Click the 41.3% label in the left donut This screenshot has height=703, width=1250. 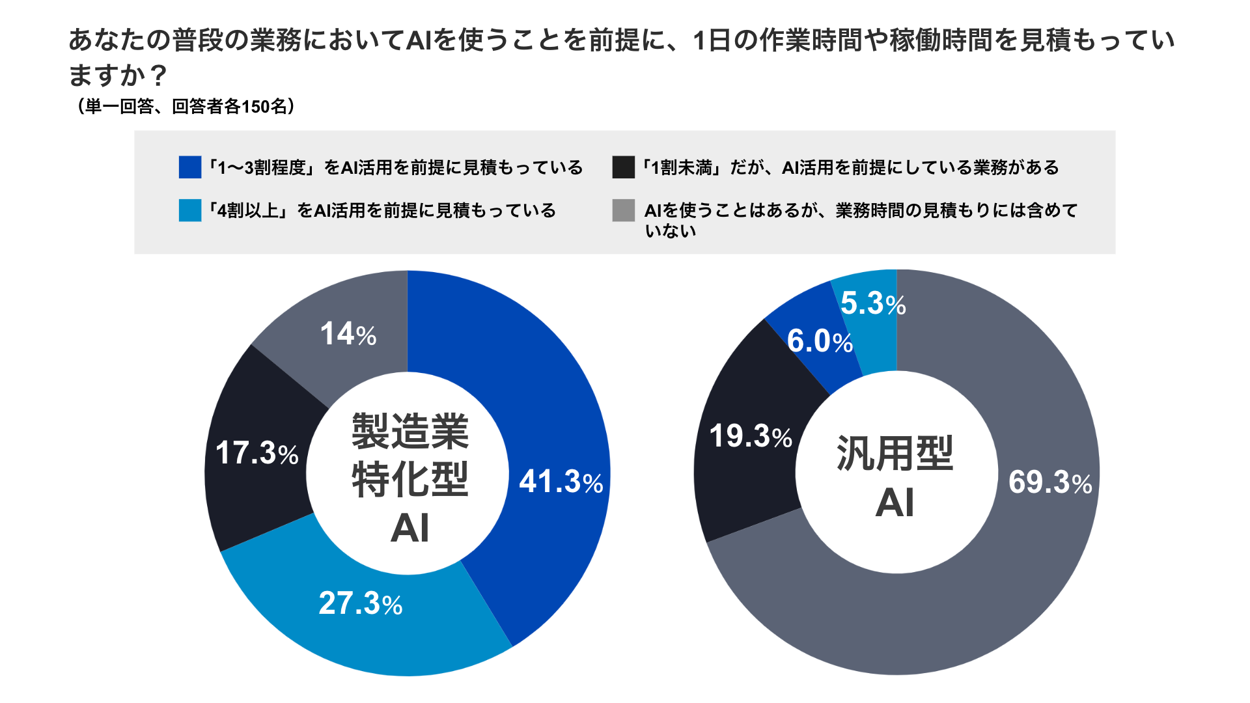561,482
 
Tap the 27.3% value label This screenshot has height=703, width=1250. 360,603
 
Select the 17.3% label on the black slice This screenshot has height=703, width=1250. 257,452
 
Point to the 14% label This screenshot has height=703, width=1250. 348,334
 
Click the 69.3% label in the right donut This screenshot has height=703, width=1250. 1050,482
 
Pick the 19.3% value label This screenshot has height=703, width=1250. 750,435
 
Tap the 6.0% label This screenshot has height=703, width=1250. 820,341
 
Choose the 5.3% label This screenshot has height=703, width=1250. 873,303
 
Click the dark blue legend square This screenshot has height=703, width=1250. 190,167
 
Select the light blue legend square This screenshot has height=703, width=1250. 190,210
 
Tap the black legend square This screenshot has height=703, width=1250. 623,167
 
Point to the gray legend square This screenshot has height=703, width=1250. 623,210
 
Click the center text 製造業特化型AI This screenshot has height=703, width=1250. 410,478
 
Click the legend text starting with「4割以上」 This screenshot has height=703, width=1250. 382,211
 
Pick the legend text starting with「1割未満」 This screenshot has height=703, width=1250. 849,168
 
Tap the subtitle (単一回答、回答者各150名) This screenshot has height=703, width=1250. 186,106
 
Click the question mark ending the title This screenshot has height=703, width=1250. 158,76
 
